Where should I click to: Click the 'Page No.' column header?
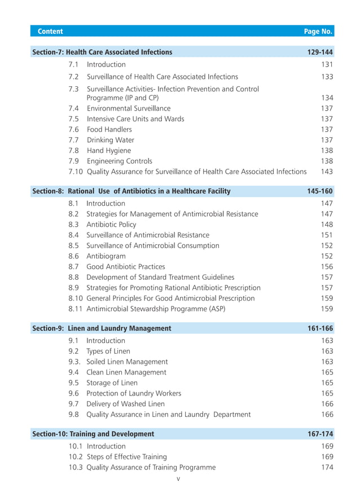point(318,32)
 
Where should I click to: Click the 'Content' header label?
point(50,32)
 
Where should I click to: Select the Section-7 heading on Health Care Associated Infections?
point(102,52)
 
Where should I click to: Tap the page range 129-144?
point(320,52)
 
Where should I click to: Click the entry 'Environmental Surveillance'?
point(128,108)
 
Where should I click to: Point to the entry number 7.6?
point(73,129)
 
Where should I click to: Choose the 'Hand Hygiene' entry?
point(108,151)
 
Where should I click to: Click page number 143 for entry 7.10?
point(327,172)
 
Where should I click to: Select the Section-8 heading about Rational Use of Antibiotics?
point(131,191)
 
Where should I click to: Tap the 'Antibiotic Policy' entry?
point(111,224)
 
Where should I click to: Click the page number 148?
point(327,224)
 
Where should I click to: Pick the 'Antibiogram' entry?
point(106,256)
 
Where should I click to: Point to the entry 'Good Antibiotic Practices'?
point(126,266)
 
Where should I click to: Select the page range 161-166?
point(320,328)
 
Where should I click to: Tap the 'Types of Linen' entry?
point(109,351)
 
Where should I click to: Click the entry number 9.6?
point(73,393)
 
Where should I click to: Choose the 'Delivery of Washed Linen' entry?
point(127,404)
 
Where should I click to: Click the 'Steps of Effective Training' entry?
point(127,456)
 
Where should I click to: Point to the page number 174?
point(327,467)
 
